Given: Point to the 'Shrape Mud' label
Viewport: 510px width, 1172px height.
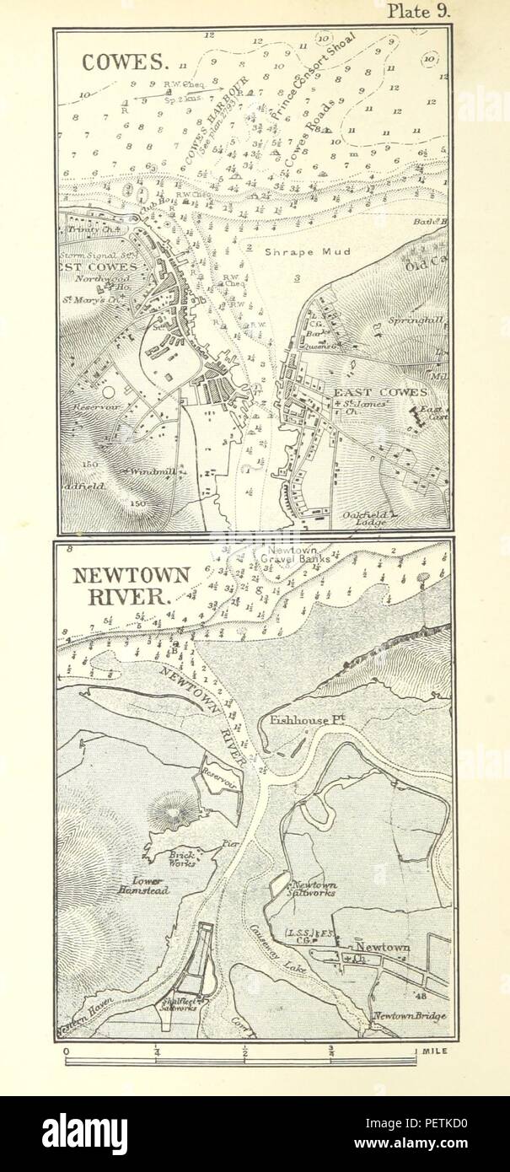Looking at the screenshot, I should click(x=294, y=250).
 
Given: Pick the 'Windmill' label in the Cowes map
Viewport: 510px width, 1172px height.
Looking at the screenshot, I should click(x=148, y=473).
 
